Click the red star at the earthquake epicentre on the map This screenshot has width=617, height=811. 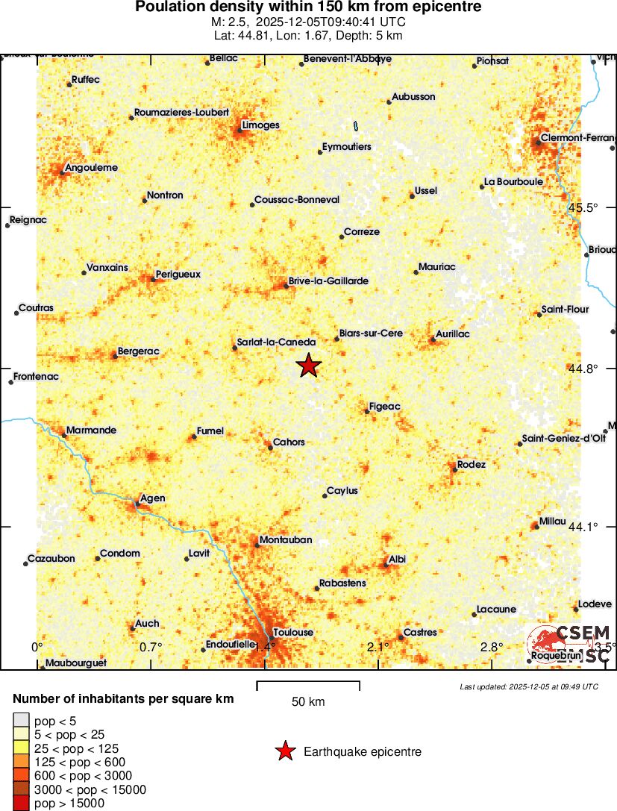click(x=308, y=366)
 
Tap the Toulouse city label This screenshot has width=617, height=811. click(x=293, y=633)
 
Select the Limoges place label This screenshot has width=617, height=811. click(x=260, y=125)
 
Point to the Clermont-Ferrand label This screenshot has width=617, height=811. click(x=579, y=138)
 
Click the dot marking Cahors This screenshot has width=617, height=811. click(x=269, y=447)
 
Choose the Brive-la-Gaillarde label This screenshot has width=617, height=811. click(x=329, y=281)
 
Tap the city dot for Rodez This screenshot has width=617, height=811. click(x=454, y=469)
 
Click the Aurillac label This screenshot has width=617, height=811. click(x=453, y=334)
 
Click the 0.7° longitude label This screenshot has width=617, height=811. click(x=151, y=646)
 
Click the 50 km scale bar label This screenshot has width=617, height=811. click(x=307, y=701)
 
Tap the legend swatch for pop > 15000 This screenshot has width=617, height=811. click(x=22, y=803)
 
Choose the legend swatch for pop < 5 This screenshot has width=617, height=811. click(x=22, y=721)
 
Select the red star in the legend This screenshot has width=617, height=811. click(x=285, y=751)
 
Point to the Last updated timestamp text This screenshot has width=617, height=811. click(x=529, y=686)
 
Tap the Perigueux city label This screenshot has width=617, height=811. click(x=178, y=274)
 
